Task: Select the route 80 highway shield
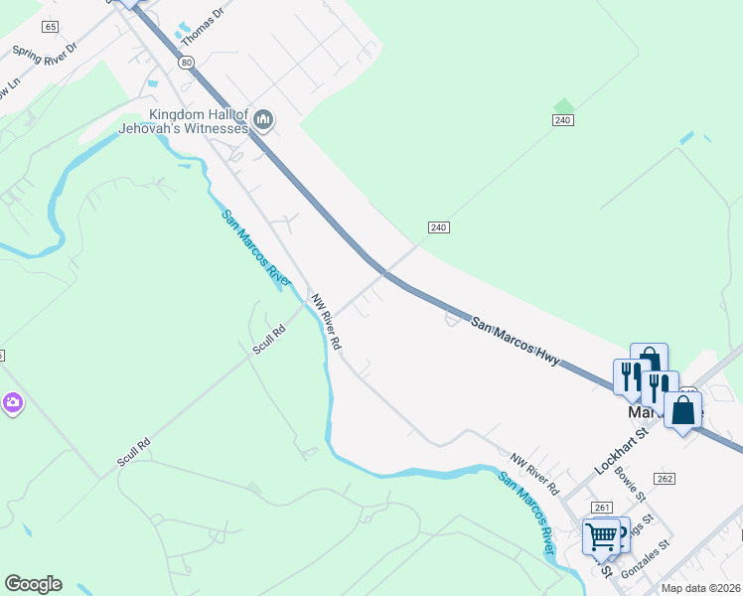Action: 186,62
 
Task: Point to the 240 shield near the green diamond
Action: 563,120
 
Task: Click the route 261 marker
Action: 601,508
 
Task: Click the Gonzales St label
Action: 647,559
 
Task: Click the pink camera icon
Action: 12,403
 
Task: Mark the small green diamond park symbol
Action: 564,104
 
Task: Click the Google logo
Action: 33,584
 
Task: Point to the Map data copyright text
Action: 699,588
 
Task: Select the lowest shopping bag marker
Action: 682,409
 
